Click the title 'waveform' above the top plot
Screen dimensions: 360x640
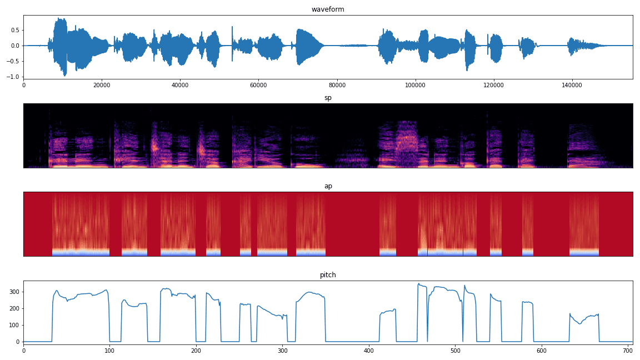328,9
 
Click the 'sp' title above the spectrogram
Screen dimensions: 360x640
328,98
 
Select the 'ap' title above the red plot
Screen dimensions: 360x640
328,186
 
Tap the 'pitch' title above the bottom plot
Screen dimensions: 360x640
328,275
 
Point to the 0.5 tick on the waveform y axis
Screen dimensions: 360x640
15,30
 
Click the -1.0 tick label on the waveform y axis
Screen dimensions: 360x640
13,77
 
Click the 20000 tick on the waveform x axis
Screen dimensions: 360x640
102,85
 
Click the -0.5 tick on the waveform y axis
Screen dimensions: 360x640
13,61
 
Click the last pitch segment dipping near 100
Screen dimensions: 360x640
580,323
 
